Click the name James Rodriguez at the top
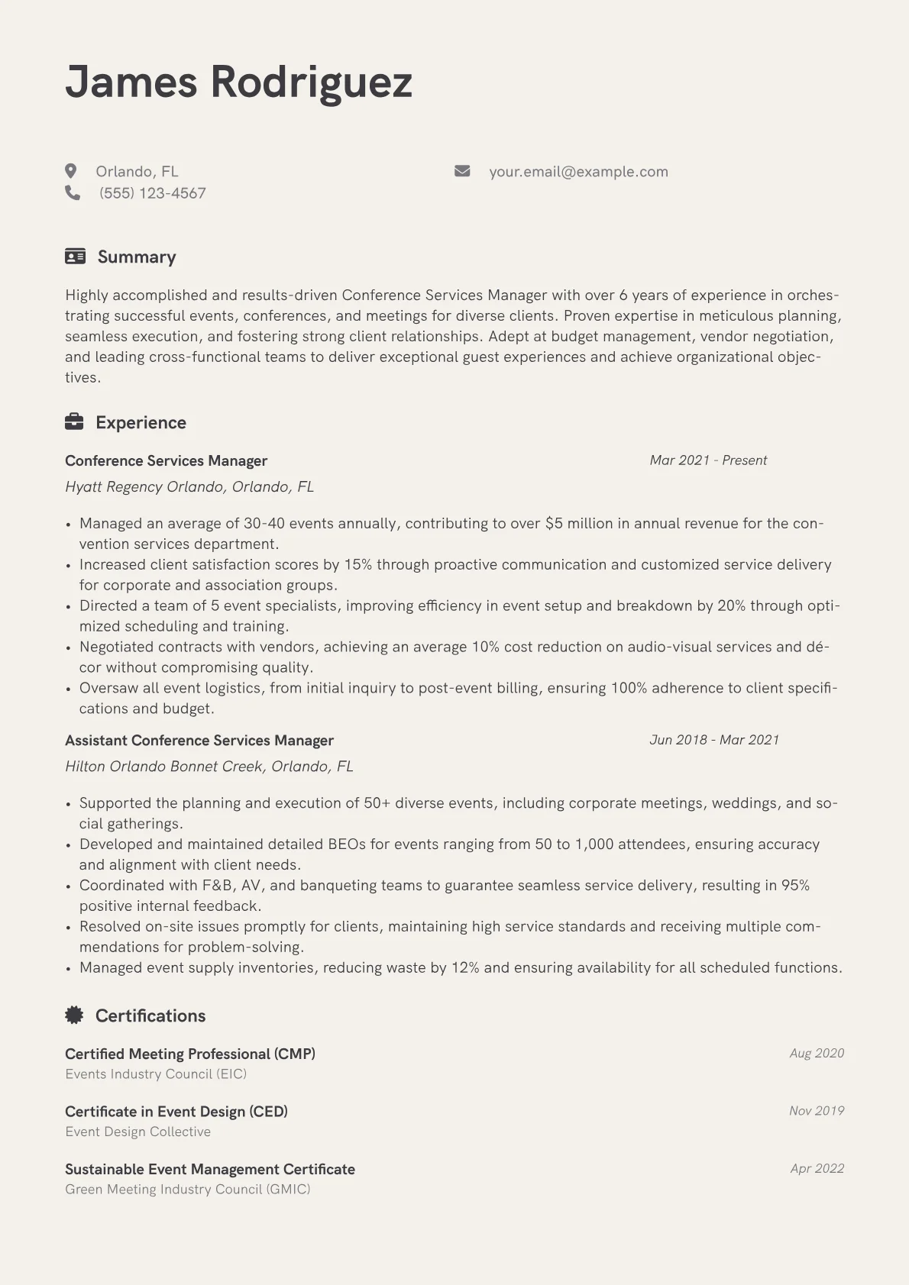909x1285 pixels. [238, 82]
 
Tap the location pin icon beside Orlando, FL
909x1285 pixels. [71, 171]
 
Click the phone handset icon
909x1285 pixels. [73, 193]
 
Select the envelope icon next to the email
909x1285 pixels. [462, 171]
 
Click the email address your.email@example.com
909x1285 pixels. [578, 172]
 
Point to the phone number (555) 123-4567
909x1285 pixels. [152, 193]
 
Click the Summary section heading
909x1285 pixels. [137, 257]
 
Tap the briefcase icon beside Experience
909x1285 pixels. [74, 422]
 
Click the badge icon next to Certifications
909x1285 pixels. [74, 1015]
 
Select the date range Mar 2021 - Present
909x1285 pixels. [708, 460]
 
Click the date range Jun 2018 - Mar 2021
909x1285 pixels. [714, 740]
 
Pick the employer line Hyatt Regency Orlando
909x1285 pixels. [189, 487]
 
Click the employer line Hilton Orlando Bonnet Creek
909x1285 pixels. [209, 767]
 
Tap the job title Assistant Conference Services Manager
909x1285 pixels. [199, 741]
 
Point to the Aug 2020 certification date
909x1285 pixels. [817, 1054]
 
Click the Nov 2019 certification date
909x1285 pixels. [817, 1111]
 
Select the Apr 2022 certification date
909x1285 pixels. [817, 1169]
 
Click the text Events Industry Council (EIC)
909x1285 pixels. [156, 1074]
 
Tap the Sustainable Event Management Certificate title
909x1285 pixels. [210, 1170]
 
